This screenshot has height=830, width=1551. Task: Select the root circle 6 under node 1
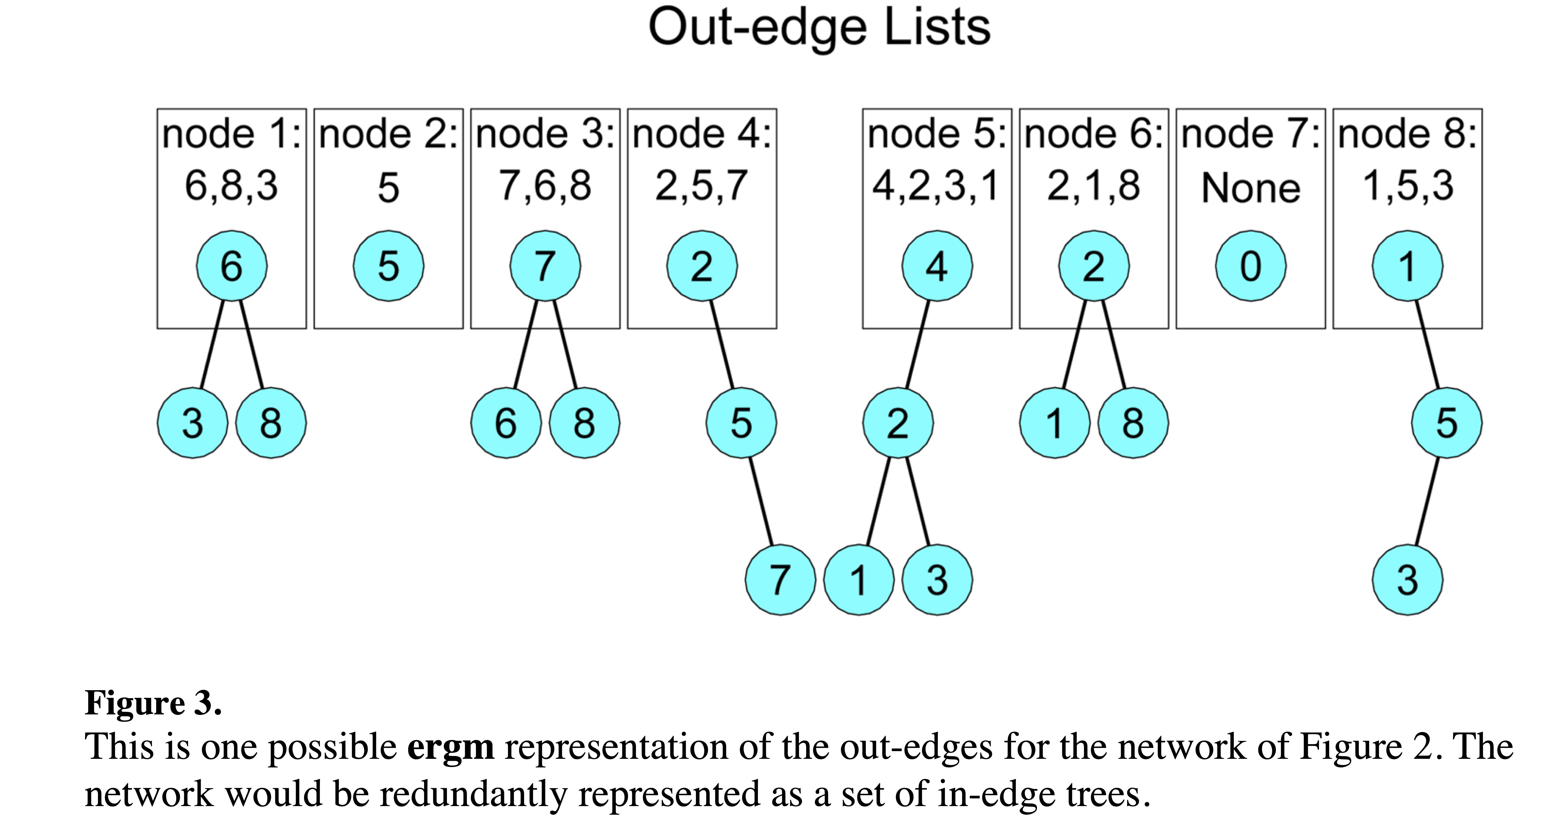point(232,266)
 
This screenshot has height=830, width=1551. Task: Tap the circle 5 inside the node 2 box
point(388,266)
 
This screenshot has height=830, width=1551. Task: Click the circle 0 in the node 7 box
point(1250,266)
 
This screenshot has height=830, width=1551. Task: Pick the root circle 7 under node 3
point(545,266)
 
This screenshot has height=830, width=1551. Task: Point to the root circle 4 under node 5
point(937,266)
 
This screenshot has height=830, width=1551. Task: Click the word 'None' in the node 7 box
point(1250,188)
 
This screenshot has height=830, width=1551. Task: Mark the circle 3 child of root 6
point(193,423)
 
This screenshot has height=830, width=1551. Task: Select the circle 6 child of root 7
point(506,423)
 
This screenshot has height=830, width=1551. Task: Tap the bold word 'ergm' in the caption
point(450,747)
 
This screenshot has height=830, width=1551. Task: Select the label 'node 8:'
point(1407,134)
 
